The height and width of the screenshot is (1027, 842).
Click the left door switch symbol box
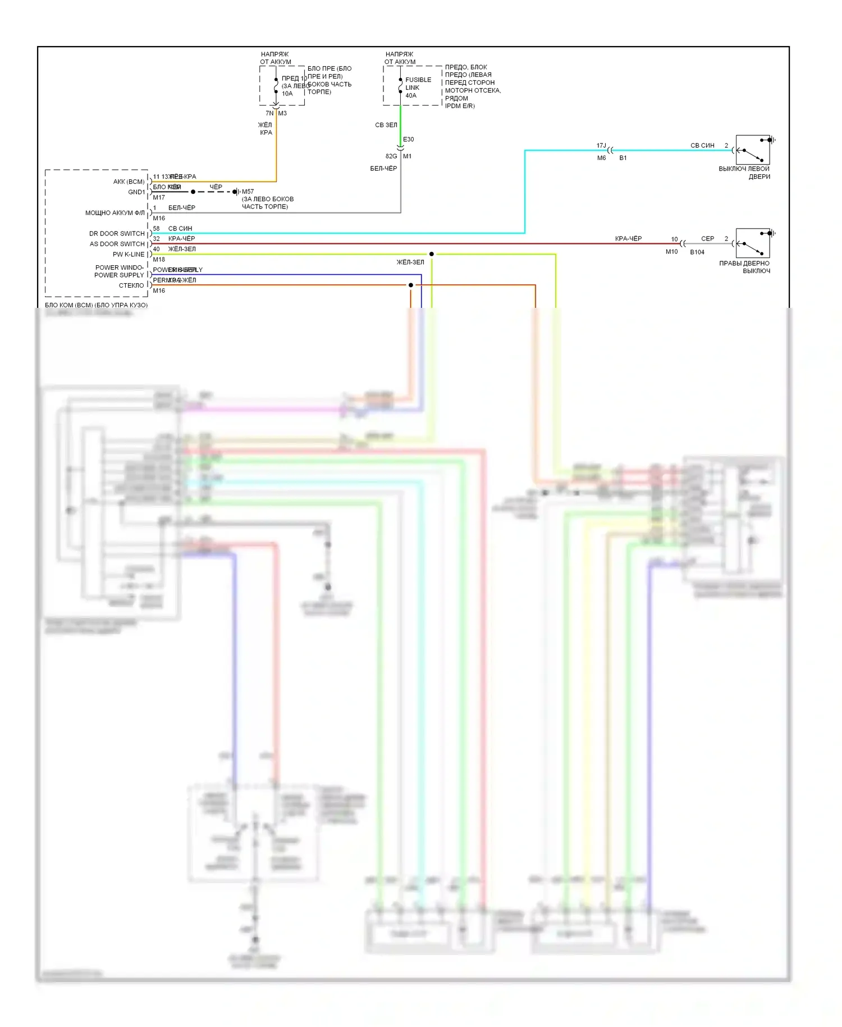point(752,150)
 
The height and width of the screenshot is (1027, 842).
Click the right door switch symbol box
point(752,243)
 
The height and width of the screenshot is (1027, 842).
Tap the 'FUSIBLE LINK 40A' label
point(418,88)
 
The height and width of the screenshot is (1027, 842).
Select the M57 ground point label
point(248,192)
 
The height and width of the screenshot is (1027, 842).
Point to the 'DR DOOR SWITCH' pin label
point(117,234)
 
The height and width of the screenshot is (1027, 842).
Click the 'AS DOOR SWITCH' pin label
point(117,244)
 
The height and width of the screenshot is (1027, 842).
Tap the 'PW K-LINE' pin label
point(129,255)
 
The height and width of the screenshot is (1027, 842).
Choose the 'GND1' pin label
point(136,192)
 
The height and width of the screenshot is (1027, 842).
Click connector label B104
point(697,252)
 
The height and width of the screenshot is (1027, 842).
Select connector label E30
point(408,139)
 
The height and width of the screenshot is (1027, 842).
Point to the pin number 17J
point(601,146)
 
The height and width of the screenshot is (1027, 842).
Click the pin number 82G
point(391,156)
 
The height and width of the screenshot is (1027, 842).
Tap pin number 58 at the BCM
point(157,229)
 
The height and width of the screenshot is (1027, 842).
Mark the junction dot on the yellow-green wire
point(432,255)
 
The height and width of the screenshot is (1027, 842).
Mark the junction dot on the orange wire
point(411,285)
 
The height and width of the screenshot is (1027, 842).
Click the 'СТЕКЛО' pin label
point(131,285)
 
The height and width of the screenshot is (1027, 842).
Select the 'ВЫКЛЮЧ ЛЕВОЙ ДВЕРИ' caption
point(744,172)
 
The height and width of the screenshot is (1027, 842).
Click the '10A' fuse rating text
point(287,94)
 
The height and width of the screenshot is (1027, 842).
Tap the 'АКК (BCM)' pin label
point(129,181)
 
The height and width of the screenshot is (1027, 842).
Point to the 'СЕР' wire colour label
point(707,239)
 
